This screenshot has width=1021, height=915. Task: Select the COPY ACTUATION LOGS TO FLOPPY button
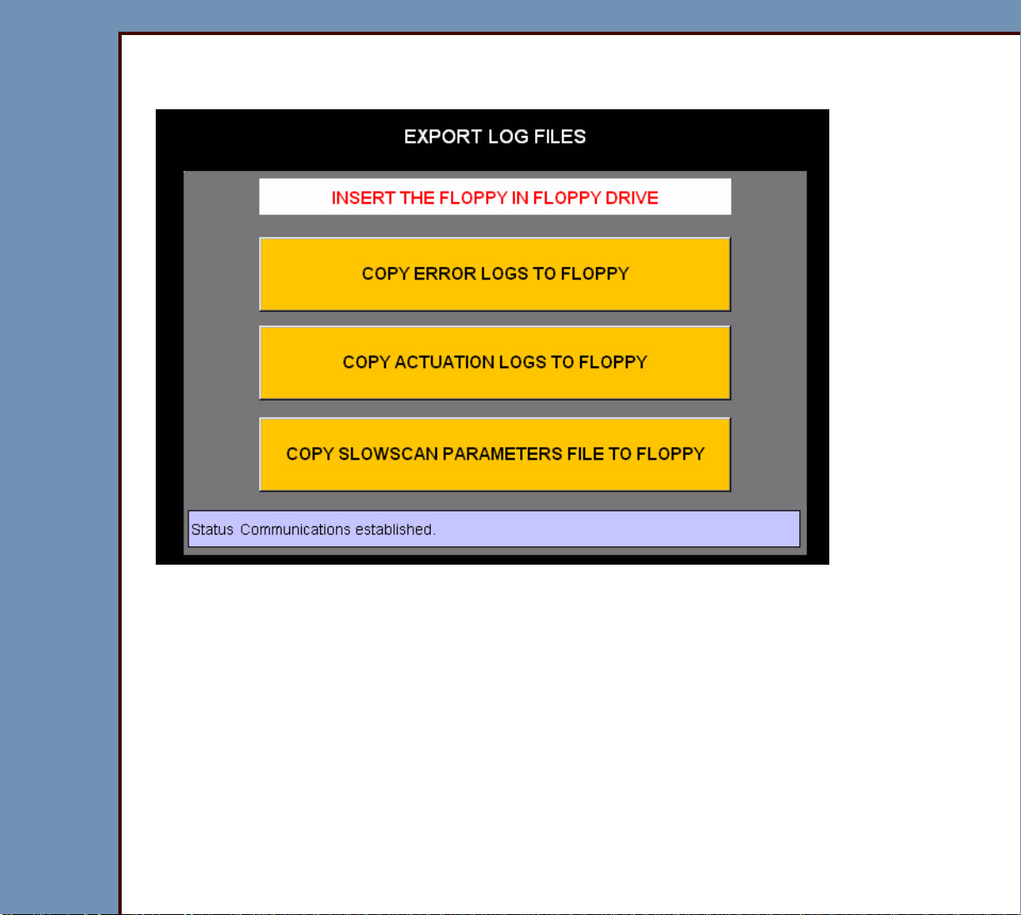[x=495, y=363]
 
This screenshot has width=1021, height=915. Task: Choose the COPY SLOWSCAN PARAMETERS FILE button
[x=495, y=454]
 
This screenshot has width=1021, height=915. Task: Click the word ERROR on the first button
[x=445, y=274]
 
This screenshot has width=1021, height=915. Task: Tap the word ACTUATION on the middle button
[x=444, y=362]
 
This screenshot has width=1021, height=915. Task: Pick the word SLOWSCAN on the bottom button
[x=388, y=454]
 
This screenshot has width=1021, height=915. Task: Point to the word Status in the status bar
[x=213, y=529]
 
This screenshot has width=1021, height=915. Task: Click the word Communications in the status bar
[x=295, y=529]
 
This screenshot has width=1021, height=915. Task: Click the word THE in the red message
[x=418, y=198]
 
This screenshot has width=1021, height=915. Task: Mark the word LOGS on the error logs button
[x=504, y=274]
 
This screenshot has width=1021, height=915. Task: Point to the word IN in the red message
[x=520, y=198]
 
